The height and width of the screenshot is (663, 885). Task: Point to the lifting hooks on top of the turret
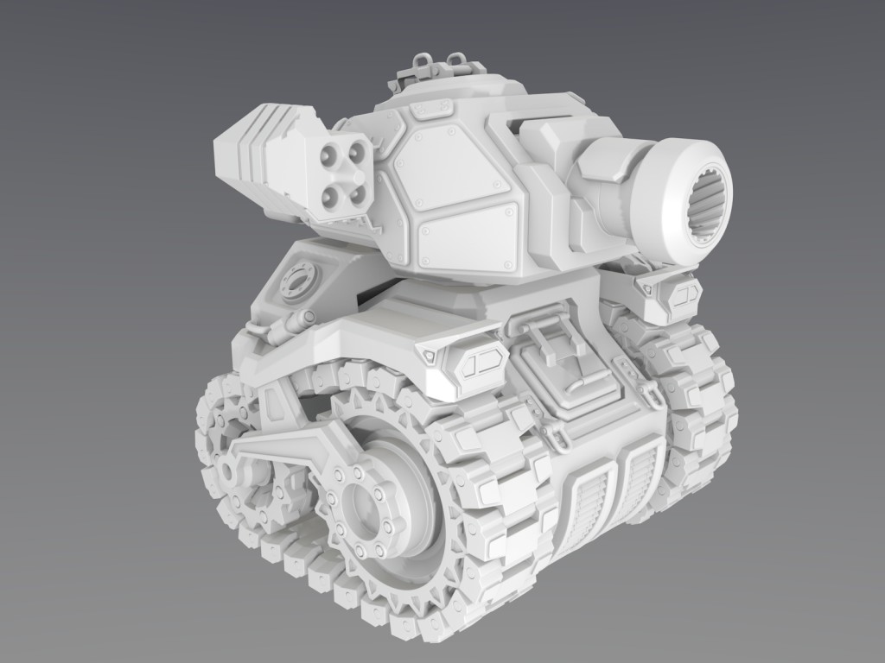[432, 66]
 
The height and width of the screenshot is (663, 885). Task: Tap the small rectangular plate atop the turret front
[430, 109]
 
